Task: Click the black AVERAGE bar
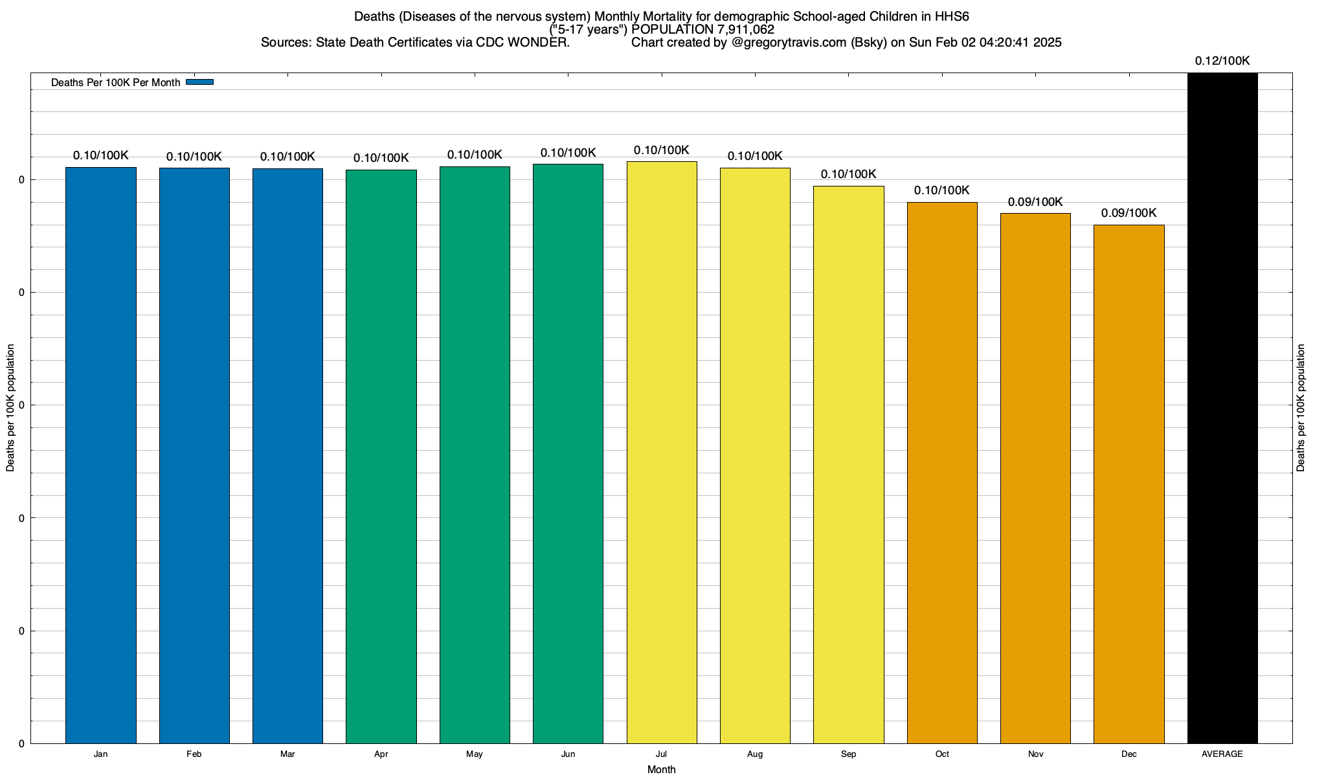pos(1222,408)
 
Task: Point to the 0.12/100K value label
pos(1222,61)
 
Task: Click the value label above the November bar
pos(1035,202)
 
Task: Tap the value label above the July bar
pos(661,150)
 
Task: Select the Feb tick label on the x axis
pos(194,754)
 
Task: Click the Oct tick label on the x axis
pos(942,754)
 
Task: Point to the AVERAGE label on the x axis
pos(1222,754)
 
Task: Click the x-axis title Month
pos(661,769)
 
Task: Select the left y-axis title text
pos(10,408)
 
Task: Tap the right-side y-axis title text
pos(1301,408)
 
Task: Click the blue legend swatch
pos(199,82)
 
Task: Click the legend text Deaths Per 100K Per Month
pos(115,83)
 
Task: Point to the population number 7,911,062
pos(745,30)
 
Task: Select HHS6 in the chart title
pos(951,17)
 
